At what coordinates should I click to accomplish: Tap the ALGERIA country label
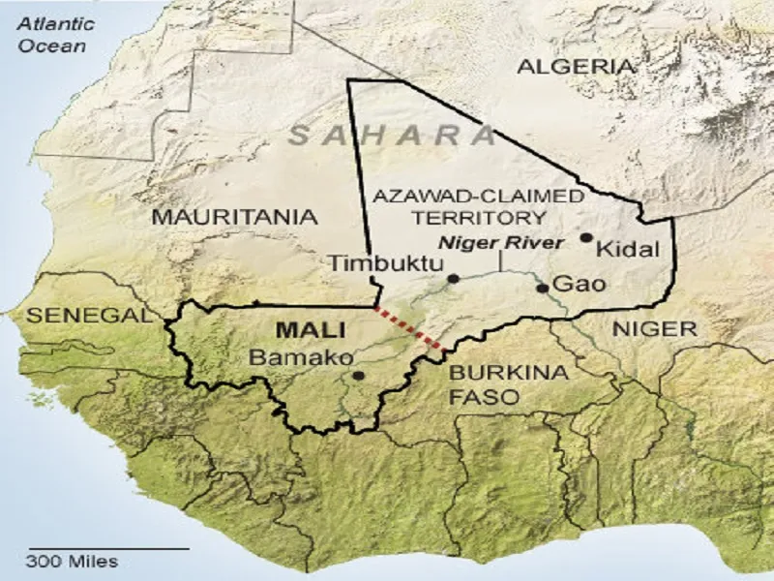578,67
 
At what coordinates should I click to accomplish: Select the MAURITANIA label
234,216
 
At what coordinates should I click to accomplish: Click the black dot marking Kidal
585,237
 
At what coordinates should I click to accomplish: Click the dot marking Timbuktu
453,279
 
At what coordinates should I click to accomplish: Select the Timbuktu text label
385,263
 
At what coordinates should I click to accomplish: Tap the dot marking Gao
542,288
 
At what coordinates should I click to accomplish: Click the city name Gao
579,285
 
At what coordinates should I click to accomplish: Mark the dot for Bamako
359,376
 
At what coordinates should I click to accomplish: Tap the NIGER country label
654,329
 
